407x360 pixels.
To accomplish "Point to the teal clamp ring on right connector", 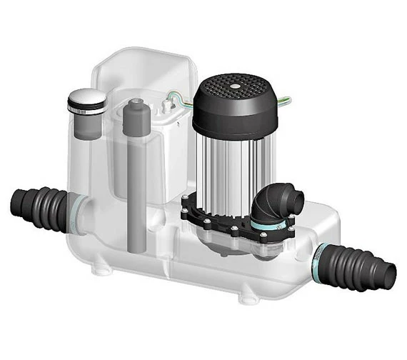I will (x=321, y=254).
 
